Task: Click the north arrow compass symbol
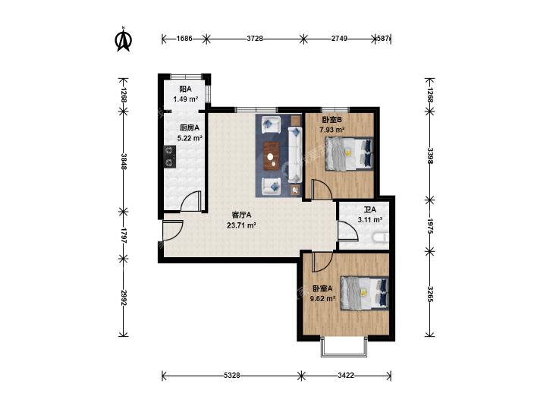[123, 40]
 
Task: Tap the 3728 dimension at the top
[255, 39]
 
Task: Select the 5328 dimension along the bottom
[231, 376]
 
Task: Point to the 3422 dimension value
[346, 376]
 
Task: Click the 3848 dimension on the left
[123, 162]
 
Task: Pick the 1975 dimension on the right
[429, 225]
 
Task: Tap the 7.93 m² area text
[331, 130]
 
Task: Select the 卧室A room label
[322, 288]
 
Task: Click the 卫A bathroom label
[370, 210]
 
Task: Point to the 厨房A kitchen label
[190, 127]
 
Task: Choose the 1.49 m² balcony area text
[186, 99]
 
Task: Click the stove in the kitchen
[170, 156]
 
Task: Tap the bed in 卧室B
[348, 154]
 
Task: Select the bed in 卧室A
[364, 293]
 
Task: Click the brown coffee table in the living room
[272, 155]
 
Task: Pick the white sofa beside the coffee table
[295, 155]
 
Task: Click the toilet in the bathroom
[379, 238]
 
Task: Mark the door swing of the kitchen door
[190, 201]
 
